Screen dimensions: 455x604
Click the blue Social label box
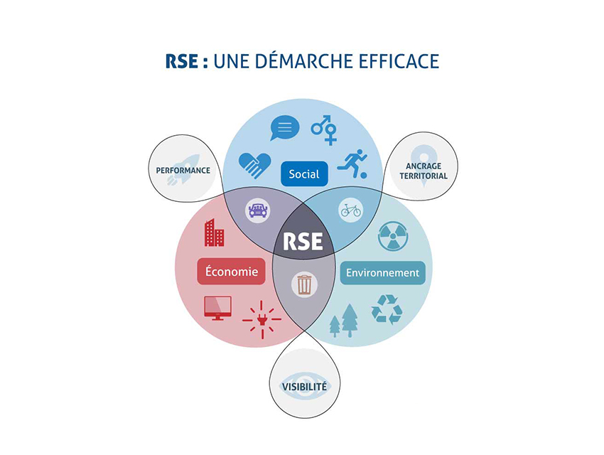303,173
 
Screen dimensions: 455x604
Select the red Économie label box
231,271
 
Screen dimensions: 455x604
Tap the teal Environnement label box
382,273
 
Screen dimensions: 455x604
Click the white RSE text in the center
303,241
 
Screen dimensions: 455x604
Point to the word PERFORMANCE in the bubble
183,171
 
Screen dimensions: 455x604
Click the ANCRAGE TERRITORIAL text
424,171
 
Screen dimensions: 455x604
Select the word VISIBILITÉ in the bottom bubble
304,387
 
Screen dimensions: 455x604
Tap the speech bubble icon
284,128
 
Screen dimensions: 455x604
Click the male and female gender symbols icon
325,129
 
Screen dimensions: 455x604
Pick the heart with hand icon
254,165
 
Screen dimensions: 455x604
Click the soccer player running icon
352,164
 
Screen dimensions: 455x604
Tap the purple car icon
257,210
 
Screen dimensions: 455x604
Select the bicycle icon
350,210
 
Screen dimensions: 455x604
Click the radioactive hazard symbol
392,236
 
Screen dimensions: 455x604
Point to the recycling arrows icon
387,309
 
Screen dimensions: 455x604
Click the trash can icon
304,284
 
